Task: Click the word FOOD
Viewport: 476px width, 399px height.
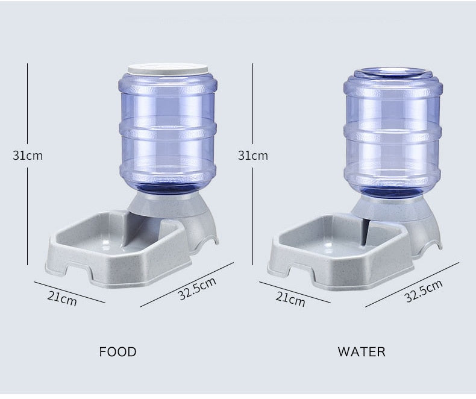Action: click(117, 351)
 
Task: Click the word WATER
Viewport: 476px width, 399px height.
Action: click(362, 351)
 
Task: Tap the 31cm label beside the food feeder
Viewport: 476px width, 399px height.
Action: click(28, 155)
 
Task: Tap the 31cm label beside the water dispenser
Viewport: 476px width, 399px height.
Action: click(252, 155)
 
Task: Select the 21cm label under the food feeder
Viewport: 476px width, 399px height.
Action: click(63, 297)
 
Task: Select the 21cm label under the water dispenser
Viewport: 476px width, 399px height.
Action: click(290, 297)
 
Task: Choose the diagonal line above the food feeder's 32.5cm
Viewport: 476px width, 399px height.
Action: click(187, 284)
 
